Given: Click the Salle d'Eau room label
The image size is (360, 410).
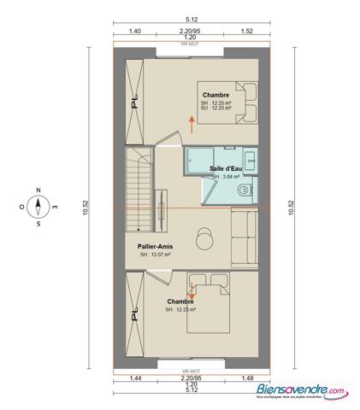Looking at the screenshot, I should [x=225, y=169].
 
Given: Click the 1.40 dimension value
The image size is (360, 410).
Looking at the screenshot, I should [x=134, y=31].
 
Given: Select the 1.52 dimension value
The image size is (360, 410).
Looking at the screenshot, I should [x=246, y=31].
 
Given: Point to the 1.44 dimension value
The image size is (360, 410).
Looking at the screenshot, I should [x=135, y=378].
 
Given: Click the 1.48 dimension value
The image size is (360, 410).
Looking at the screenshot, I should [x=247, y=378].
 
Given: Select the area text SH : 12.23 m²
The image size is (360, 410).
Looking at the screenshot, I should [x=180, y=309].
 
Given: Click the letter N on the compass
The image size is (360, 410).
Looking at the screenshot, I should [x=38, y=190].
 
